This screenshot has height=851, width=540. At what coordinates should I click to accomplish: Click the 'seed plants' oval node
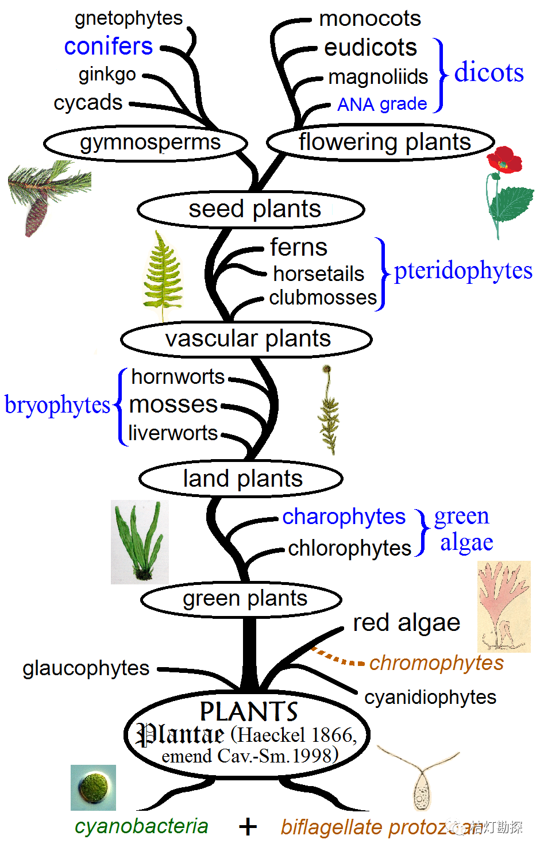(251, 209)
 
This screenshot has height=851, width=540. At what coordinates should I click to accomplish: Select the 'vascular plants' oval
(246, 339)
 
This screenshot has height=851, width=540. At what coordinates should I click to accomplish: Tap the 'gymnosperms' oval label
(146, 143)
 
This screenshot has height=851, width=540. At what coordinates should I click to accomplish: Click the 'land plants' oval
(241, 479)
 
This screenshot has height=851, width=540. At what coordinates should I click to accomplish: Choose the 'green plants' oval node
(242, 599)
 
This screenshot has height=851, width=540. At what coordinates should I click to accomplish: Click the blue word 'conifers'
(109, 46)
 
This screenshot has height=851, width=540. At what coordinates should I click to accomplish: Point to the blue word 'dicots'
(489, 73)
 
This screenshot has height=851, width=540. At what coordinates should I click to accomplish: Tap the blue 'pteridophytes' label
(463, 271)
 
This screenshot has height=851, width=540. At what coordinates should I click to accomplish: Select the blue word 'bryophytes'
(57, 405)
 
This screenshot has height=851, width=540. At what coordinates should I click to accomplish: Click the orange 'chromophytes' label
(436, 663)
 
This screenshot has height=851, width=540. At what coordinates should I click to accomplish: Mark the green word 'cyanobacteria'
(141, 826)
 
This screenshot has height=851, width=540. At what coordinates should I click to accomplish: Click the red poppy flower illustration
(504, 160)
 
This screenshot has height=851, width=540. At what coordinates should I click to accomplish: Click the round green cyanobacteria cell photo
(94, 787)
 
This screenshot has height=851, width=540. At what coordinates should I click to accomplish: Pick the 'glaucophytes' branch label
(86, 668)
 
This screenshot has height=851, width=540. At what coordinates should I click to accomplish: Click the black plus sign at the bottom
(248, 827)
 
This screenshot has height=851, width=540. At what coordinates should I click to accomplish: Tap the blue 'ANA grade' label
(382, 104)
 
